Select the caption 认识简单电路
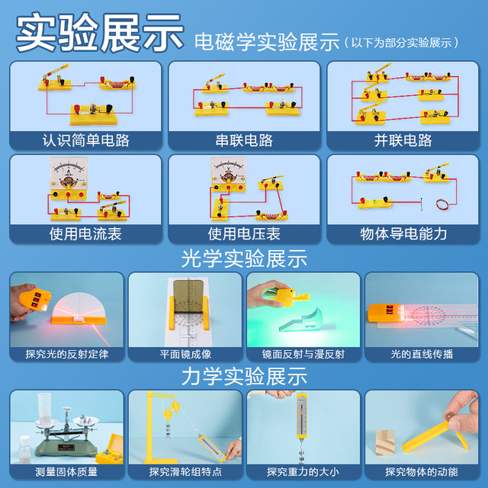coord(85,141)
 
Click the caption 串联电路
coord(244,141)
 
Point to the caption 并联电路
coord(403,141)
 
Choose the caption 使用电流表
coord(85,234)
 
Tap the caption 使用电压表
coord(244,234)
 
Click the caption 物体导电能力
coord(403,234)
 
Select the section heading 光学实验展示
coord(244,258)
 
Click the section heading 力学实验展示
coord(244,376)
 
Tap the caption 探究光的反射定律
coord(66,354)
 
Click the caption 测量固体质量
coord(66,471)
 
